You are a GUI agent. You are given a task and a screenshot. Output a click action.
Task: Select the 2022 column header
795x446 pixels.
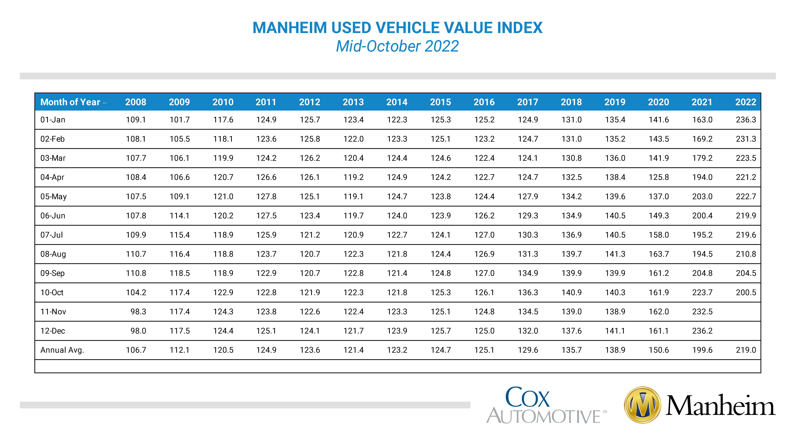(746, 102)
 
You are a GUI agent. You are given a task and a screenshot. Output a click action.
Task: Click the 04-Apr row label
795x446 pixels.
(52, 177)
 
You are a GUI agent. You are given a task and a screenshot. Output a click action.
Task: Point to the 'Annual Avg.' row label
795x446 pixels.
(62, 350)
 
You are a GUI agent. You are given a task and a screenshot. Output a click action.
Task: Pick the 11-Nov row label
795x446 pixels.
(53, 311)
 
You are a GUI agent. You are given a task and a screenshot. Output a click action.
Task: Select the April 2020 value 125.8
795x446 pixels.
(659, 177)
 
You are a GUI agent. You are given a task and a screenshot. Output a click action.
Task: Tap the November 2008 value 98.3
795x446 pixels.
(138, 311)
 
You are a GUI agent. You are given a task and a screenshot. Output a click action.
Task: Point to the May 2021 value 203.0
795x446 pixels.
(702, 196)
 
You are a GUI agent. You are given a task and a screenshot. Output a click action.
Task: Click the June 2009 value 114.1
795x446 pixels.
(179, 216)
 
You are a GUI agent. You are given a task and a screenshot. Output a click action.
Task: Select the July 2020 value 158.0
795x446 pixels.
(659, 235)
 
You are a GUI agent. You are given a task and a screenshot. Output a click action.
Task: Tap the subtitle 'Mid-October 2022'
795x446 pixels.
(397, 46)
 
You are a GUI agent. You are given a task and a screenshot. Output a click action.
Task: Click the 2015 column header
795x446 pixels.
(440, 102)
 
